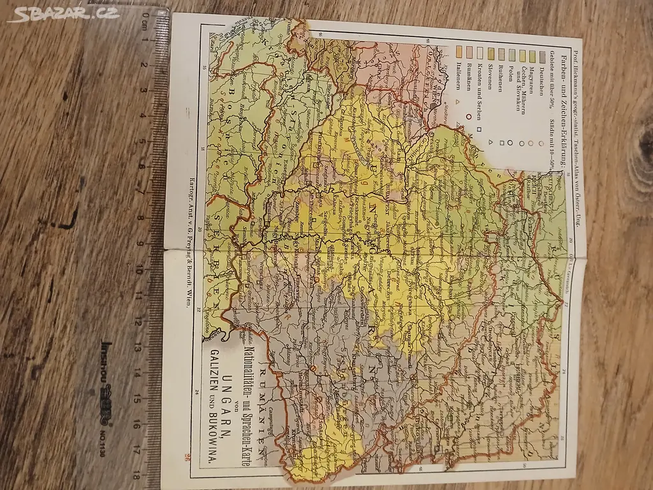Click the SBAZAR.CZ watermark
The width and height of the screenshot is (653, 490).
[64, 13]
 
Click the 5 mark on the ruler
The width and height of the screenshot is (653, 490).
[147, 141]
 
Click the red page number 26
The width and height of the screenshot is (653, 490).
[189, 456]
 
